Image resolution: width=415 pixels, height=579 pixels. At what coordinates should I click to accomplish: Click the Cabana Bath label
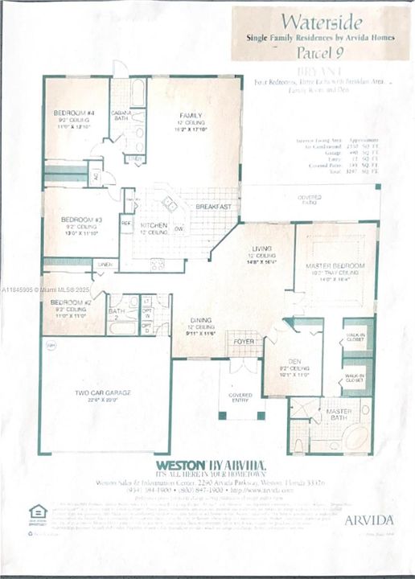[121, 115]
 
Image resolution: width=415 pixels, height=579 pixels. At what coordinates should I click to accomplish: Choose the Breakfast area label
[214, 207]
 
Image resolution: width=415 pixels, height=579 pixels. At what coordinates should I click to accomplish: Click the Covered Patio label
[310, 198]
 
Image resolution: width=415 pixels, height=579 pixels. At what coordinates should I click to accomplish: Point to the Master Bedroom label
[335, 265]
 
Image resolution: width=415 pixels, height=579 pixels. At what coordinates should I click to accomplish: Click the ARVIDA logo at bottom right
[369, 519]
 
